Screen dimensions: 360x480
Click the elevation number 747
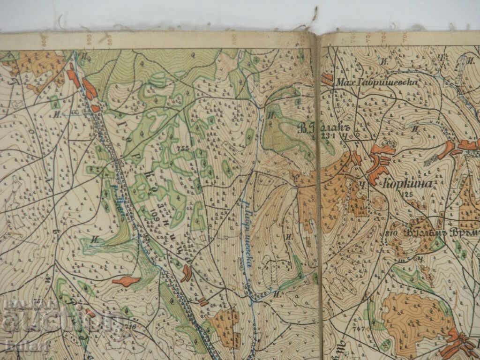click(359, 329)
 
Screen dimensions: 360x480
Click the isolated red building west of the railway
click(126, 281)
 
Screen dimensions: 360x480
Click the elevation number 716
click(130, 327)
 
